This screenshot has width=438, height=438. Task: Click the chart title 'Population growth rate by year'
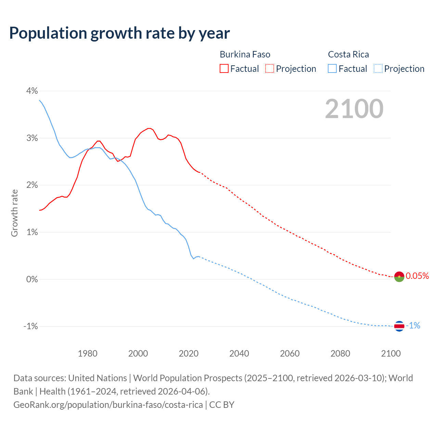(x=119, y=33)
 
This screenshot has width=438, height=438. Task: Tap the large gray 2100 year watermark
(x=354, y=109)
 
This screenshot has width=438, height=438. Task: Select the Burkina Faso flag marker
(x=399, y=276)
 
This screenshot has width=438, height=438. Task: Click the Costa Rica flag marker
(x=399, y=326)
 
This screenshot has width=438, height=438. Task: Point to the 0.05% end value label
(x=417, y=276)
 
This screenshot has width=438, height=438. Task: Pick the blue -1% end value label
(x=413, y=326)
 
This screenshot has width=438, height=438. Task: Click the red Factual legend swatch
(x=224, y=69)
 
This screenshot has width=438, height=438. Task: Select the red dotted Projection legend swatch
(x=270, y=69)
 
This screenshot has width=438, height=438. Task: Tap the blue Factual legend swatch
(x=332, y=69)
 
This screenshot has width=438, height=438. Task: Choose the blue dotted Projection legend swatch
(x=378, y=69)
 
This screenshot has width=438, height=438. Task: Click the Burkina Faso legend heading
(x=245, y=54)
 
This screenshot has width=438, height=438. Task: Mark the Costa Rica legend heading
(x=348, y=54)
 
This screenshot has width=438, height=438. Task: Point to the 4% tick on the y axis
(x=32, y=91)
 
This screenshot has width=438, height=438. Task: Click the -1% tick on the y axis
(x=30, y=326)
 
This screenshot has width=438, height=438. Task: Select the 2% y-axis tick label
(x=32, y=185)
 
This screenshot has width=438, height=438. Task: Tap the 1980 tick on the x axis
(x=88, y=353)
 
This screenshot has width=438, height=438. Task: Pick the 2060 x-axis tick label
(x=290, y=353)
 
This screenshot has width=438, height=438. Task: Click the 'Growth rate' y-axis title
(x=14, y=213)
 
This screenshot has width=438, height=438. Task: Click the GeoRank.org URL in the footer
(x=108, y=405)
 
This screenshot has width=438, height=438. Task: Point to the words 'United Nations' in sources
(x=98, y=378)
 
